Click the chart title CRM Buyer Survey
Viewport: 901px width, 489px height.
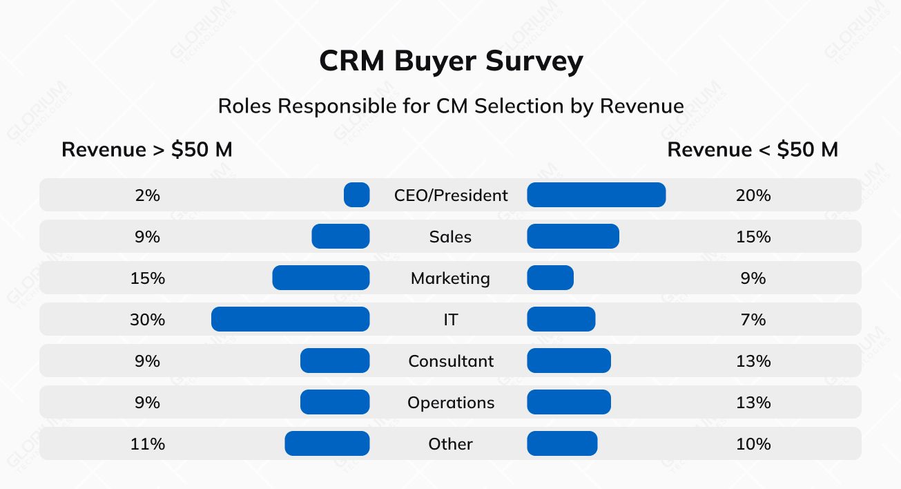pos(451,62)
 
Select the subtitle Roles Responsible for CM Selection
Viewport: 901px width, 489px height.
pos(451,106)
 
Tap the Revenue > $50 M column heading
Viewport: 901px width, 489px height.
pos(147,150)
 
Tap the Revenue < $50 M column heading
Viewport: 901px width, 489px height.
pos(753,150)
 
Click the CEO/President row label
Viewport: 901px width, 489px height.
pos(451,195)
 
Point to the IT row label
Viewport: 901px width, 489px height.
pos(451,320)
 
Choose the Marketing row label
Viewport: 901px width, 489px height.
pos(450,278)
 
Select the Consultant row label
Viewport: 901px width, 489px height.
pos(451,361)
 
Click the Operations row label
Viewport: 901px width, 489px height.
pos(451,403)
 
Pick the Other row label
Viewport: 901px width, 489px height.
pos(450,444)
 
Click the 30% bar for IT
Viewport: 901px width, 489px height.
pos(290,320)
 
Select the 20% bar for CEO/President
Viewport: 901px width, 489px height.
pos(596,195)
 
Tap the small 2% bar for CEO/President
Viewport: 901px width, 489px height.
pos(357,195)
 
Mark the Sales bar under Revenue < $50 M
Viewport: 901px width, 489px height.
pos(573,237)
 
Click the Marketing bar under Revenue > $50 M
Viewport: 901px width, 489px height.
pos(321,278)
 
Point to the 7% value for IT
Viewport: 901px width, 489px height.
pos(753,320)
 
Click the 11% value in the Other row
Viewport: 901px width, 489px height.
pos(148,444)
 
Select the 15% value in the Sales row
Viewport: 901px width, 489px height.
pos(753,237)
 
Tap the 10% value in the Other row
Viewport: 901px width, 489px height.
pos(753,444)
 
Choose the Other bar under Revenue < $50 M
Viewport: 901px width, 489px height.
pos(562,444)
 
